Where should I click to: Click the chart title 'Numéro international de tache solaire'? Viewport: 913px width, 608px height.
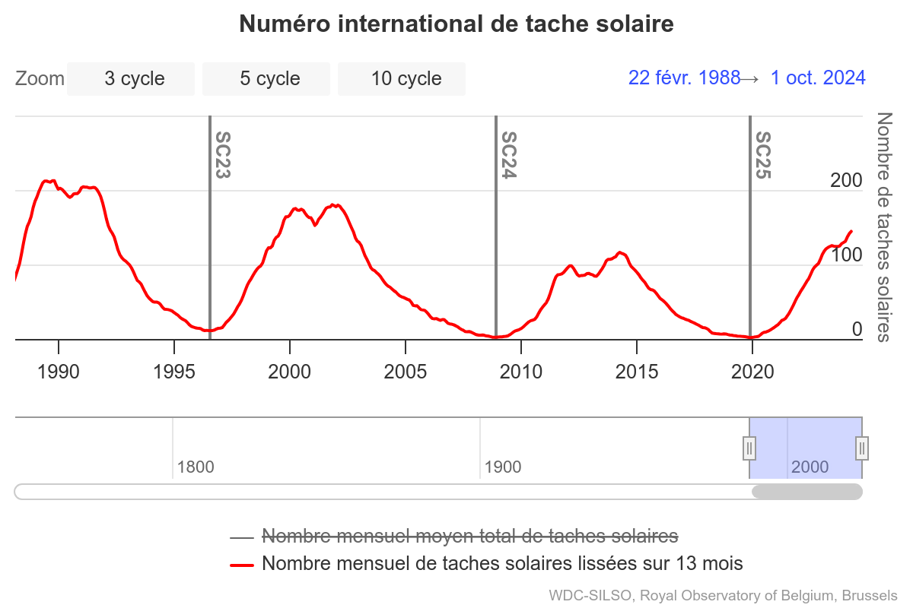click(x=456, y=24)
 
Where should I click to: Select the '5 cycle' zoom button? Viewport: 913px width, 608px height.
click(x=266, y=79)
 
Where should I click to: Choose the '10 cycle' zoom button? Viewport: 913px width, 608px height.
click(x=402, y=79)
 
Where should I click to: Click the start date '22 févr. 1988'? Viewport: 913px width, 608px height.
click(x=684, y=78)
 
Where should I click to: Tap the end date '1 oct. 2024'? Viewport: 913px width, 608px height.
click(x=818, y=78)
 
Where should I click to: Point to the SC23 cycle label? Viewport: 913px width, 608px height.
click(x=222, y=155)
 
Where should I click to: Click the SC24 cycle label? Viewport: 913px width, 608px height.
click(x=508, y=155)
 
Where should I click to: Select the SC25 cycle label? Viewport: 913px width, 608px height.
click(x=762, y=155)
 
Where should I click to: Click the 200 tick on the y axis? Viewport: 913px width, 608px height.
click(x=846, y=181)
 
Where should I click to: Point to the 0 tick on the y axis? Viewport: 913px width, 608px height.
click(x=857, y=330)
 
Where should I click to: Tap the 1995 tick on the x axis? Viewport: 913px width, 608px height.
click(x=174, y=372)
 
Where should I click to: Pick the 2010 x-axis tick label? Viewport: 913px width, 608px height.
click(x=521, y=372)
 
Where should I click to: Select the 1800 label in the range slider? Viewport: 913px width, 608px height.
click(x=196, y=467)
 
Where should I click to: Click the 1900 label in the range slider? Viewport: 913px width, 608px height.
click(x=503, y=467)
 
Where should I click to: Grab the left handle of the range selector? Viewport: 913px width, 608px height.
click(x=749, y=448)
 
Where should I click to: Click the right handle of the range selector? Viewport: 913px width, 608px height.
click(x=862, y=448)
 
